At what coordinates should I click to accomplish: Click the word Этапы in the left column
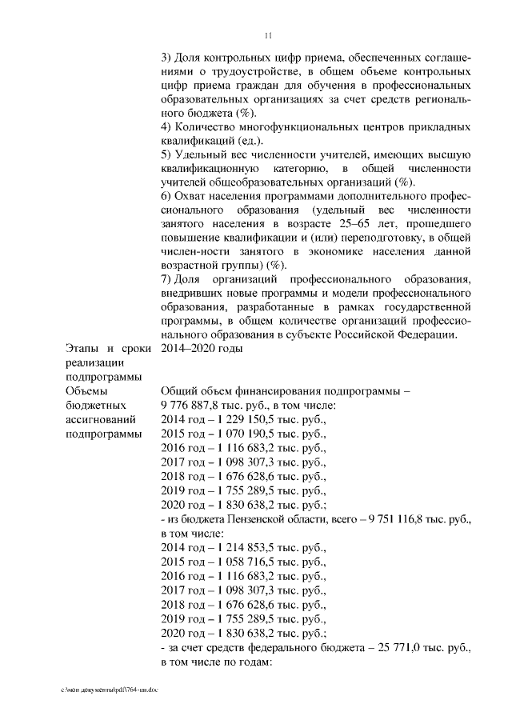82,349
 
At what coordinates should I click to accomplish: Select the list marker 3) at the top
167,58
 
